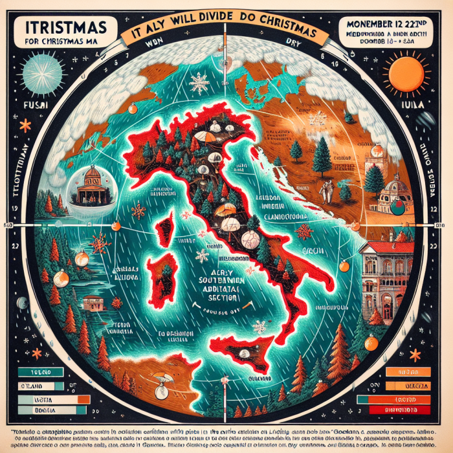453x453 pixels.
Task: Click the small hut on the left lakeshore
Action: pyautogui.click(x=94, y=302)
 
